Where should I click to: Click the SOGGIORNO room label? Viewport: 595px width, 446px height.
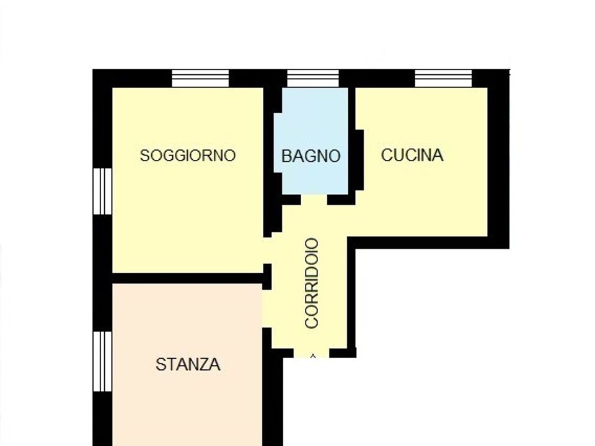(x=188, y=155)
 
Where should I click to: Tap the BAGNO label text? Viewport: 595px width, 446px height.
(x=311, y=156)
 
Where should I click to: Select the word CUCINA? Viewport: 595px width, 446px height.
(x=412, y=155)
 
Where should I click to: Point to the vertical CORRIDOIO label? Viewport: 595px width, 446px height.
(x=312, y=283)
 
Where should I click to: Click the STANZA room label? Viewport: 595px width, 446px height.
(x=188, y=364)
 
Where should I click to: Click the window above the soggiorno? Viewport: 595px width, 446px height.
(x=200, y=79)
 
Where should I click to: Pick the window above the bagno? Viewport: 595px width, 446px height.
(x=312, y=79)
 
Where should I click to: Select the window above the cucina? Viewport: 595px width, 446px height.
(x=443, y=79)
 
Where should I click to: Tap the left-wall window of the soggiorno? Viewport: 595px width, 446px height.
(x=102, y=191)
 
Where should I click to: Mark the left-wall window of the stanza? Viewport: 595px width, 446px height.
(x=102, y=361)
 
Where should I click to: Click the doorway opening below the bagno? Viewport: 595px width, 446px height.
(x=314, y=199)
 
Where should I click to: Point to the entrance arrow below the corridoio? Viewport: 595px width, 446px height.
(x=312, y=356)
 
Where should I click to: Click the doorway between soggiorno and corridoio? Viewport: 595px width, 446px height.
(x=268, y=251)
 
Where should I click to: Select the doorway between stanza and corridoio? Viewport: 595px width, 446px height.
(x=268, y=308)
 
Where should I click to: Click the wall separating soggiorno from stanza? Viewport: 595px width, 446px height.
(x=187, y=278)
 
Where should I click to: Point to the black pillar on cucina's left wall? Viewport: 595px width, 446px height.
(x=359, y=160)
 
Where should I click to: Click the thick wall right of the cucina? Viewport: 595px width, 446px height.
(x=498, y=159)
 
